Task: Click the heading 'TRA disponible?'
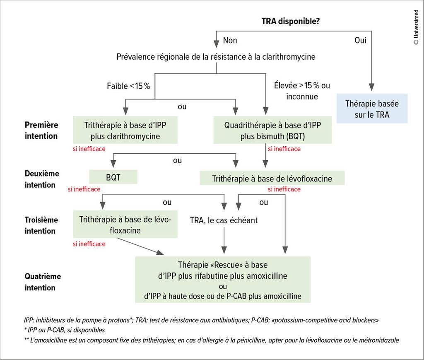click(290, 21)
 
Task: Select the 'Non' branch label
click(230, 41)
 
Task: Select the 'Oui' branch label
click(360, 41)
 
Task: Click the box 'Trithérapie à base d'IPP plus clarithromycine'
click(125, 130)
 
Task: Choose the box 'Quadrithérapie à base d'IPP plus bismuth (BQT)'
click(272, 130)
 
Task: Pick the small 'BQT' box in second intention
click(113, 177)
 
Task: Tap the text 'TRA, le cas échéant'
click(224, 220)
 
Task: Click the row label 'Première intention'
click(41, 130)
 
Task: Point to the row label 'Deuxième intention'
click(42, 179)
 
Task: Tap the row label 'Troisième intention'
click(41, 225)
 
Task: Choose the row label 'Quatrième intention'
click(43, 282)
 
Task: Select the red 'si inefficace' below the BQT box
click(84, 189)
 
